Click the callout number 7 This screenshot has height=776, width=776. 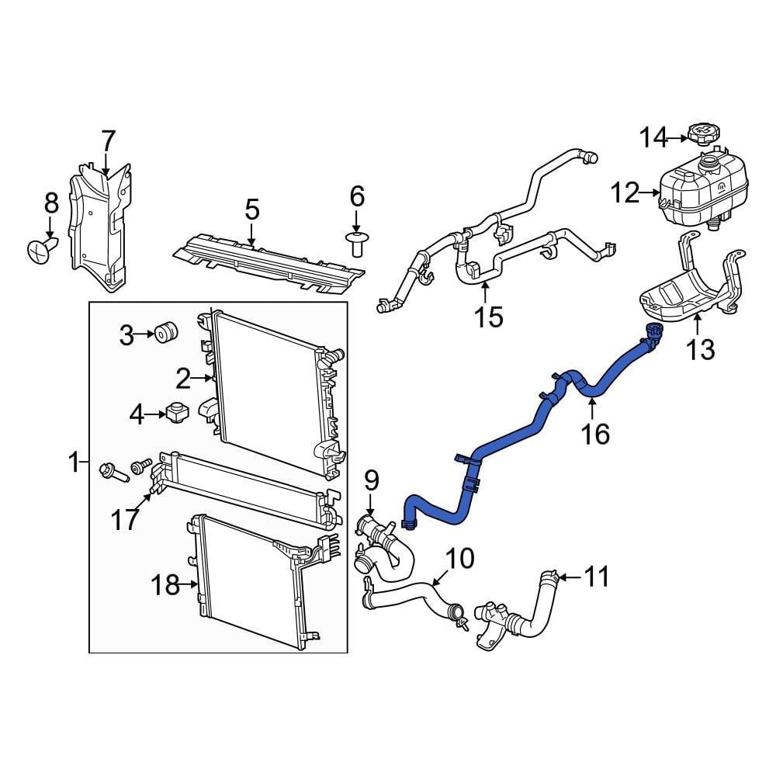point(108,141)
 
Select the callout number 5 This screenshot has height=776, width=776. point(252,210)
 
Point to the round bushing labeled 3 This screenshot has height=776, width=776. point(165,332)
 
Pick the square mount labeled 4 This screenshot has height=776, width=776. point(178,413)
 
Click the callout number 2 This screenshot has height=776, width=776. point(182,379)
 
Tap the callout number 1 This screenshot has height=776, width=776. point(74,464)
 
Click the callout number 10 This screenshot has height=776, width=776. point(459,557)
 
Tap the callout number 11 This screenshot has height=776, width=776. point(596,577)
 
